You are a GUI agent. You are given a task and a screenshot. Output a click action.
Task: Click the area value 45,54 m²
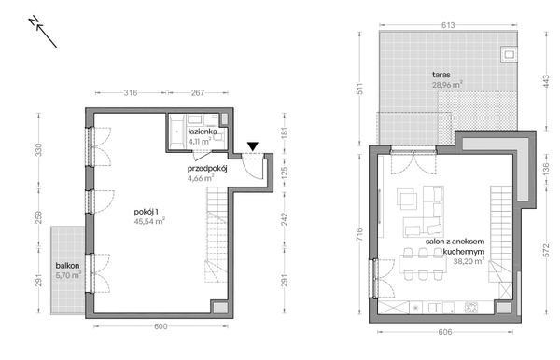[149, 221]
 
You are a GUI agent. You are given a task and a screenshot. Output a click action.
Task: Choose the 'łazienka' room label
[203, 132]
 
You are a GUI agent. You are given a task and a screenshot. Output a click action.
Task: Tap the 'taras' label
[441, 74]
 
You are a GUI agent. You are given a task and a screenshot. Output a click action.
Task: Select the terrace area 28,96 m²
[448, 84]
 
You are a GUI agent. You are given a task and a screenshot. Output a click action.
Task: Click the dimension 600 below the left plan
[160, 325]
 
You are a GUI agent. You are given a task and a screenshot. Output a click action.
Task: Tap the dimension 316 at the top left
[131, 92]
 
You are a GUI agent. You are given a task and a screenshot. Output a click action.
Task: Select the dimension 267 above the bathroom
[198, 92]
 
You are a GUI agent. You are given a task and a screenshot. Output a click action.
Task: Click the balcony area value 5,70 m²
[67, 275]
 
